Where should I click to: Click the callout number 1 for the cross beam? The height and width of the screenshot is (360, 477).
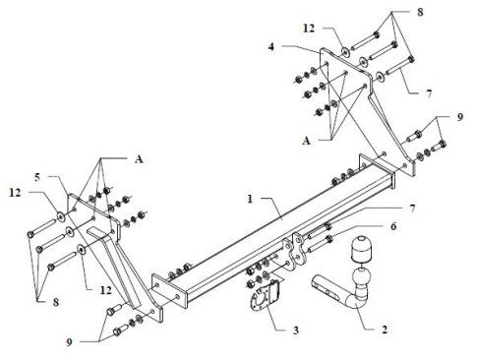click(x=250, y=199)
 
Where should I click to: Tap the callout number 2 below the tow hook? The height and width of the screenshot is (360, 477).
click(x=385, y=329)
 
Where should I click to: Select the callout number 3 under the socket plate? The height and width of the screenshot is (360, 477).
click(x=296, y=330)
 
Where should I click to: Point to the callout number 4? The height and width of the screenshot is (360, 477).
click(x=271, y=47)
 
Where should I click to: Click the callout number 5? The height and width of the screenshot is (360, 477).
click(x=37, y=177)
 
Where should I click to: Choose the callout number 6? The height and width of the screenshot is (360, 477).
click(x=393, y=226)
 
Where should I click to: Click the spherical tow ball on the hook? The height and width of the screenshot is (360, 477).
click(x=359, y=278)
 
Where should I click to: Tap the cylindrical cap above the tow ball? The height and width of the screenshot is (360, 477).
click(x=361, y=248)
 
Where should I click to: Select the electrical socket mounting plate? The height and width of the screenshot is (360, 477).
click(x=265, y=295)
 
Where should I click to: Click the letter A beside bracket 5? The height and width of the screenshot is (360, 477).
click(x=139, y=159)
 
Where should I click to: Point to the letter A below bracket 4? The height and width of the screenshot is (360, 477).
click(x=306, y=141)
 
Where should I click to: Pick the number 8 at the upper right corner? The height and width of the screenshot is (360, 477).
click(x=420, y=12)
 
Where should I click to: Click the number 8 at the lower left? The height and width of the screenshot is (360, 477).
click(x=56, y=302)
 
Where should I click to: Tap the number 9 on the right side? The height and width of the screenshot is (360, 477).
click(x=460, y=117)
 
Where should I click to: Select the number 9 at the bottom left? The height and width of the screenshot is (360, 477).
click(x=69, y=342)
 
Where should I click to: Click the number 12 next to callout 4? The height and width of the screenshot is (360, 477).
click(x=309, y=29)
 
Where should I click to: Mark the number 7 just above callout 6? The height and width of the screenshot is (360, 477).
click(x=412, y=209)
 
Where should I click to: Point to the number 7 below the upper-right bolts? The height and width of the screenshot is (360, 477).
click(x=429, y=93)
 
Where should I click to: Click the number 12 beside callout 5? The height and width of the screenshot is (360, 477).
click(x=15, y=193)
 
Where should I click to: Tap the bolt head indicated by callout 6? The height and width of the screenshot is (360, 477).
click(x=329, y=239)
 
